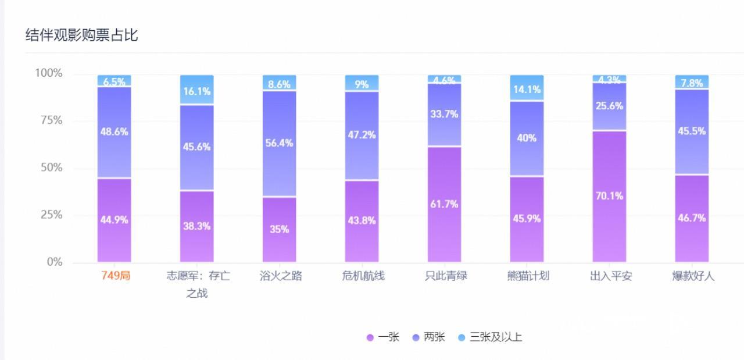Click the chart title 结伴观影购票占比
(81, 35)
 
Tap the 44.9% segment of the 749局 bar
(115, 220)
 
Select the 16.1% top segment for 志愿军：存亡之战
(197, 91)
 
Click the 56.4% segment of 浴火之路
(280, 143)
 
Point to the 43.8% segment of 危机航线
(362, 220)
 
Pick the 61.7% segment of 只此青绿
(445, 204)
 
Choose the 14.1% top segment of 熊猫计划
(527, 89)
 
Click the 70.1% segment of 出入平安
(610, 196)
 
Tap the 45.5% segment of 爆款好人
(692, 131)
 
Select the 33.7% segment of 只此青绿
(445, 114)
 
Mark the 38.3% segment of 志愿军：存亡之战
(197, 226)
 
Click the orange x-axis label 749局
(116, 276)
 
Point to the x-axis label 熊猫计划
(528, 276)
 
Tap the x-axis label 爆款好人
(693, 276)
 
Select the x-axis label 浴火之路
(281, 276)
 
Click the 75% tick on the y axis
(49, 120)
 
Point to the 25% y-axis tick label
(49, 215)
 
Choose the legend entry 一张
(383, 337)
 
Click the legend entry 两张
(428, 337)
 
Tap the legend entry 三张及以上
(490, 337)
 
